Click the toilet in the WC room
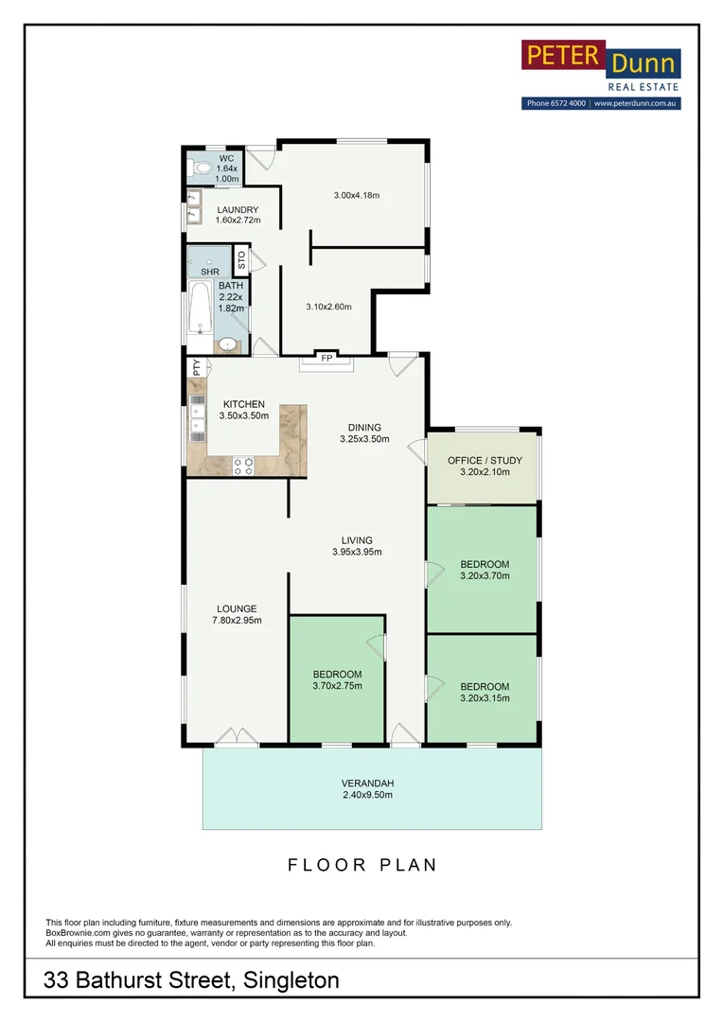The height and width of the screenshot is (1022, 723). tap(200, 169)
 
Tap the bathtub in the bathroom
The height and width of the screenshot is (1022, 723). tap(201, 308)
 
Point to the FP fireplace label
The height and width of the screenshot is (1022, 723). tap(326, 359)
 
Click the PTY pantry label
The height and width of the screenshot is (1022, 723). tap(197, 367)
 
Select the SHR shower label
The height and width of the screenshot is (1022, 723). tap(209, 272)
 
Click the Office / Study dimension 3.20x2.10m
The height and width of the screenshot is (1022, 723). tap(485, 472)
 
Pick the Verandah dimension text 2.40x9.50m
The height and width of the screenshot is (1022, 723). tap(367, 796)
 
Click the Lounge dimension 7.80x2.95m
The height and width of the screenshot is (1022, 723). tap(236, 621)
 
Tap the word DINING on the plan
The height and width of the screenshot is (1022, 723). tap(364, 427)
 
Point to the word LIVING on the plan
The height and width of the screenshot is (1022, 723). tap(357, 540)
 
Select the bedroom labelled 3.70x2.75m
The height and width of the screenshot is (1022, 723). tap(337, 680)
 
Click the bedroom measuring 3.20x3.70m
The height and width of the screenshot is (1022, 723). tap(485, 568)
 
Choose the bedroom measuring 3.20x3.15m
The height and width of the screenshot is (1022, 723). tap(485, 693)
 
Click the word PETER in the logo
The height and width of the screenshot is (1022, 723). tap(562, 56)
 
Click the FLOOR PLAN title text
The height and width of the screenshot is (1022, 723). tap(361, 865)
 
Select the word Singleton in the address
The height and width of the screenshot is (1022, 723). tap(291, 980)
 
